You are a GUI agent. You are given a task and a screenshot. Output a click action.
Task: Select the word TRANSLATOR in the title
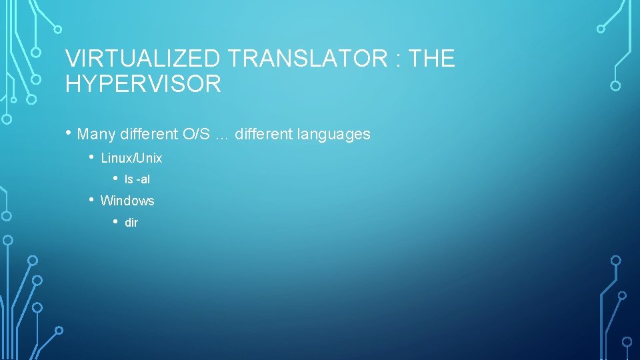(311, 59)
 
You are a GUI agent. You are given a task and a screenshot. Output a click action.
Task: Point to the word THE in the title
(433, 59)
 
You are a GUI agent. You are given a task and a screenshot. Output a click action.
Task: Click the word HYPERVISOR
(143, 84)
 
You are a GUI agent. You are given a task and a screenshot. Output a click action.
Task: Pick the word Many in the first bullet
(96, 134)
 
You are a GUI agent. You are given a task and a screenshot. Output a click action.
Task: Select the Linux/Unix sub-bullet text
(131, 159)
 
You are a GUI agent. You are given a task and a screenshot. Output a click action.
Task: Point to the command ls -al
(137, 180)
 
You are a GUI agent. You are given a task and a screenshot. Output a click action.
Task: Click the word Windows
(127, 201)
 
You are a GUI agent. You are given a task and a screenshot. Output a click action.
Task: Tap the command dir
(131, 223)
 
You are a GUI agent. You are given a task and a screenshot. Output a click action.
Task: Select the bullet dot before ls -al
(115, 179)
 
